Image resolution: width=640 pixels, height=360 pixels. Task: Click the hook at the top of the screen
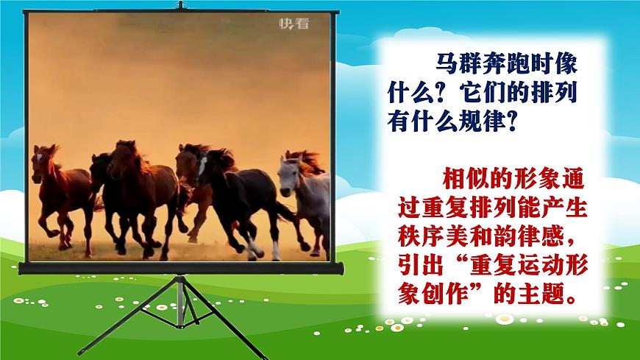tap(181, 5)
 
